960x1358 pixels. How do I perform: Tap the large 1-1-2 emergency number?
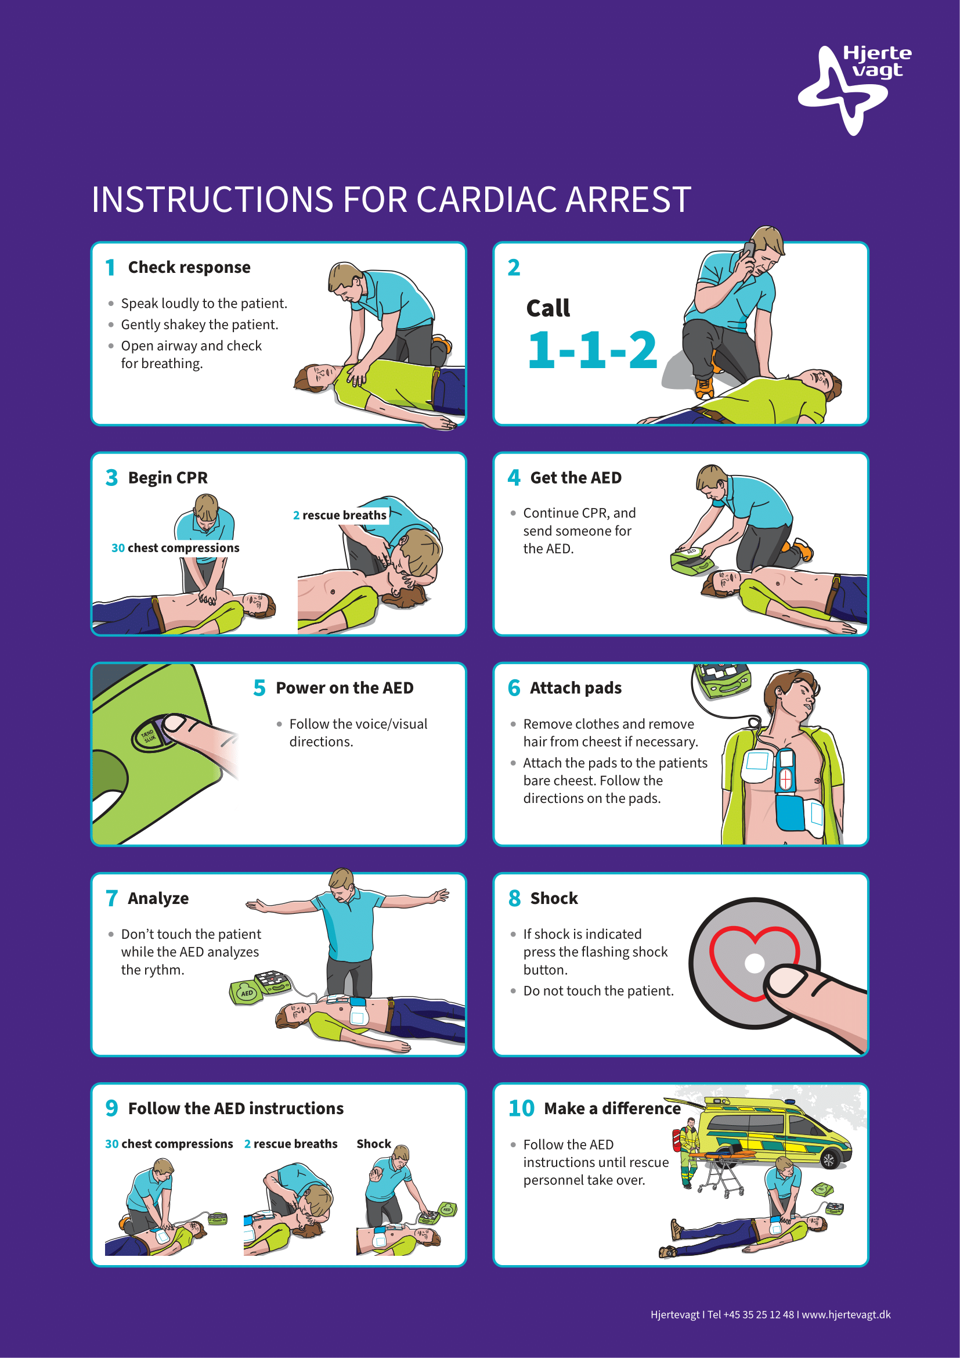[591, 350]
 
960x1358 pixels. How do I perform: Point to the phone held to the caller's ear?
[749, 251]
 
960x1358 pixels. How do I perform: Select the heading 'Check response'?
[189, 267]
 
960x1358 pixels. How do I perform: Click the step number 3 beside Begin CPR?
[111, 477]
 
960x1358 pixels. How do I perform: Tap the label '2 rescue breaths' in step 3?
[340, 515]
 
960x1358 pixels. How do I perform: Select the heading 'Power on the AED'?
[345, 688]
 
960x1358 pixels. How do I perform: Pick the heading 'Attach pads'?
[576, 688]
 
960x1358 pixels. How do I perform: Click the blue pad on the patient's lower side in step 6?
[790, 814]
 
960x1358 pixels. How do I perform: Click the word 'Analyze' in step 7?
[158, 898]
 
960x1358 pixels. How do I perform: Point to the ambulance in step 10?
[774, 1134]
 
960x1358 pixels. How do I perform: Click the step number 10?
[521, 1108]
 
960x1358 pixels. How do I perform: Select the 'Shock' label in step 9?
[374, 1144]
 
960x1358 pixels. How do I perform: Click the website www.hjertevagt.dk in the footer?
[846, 1315]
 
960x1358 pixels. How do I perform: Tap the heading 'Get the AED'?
[576, 477]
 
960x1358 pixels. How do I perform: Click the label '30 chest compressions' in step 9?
[169, 1144]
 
